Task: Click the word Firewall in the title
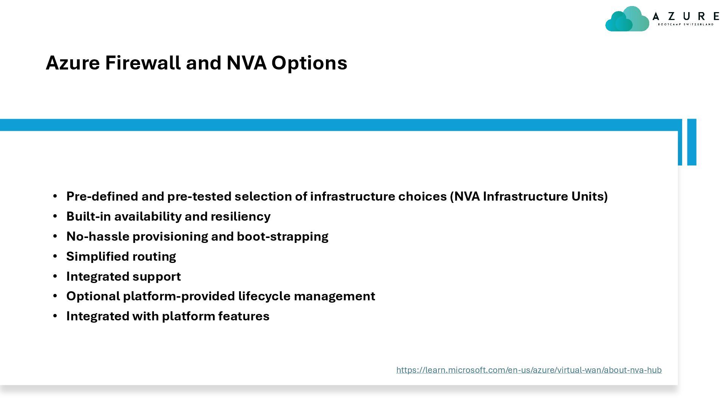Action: point(143,63)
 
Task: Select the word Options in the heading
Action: point(309,63)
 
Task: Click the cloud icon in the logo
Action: point(627,19)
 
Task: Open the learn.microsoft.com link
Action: point(529,370)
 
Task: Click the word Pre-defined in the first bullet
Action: point(102,196)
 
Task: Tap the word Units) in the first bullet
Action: point(589,196)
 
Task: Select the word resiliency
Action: point(240,216)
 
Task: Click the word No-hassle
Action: point(98,236)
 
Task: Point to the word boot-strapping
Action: point(282,236)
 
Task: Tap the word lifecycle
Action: point(264,296)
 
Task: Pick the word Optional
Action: point(93,296)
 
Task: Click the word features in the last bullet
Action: point(244,316)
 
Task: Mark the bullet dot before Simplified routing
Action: point(55,256)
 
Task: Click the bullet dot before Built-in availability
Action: point(55,216)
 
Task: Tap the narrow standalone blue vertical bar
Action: point(692,142)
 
